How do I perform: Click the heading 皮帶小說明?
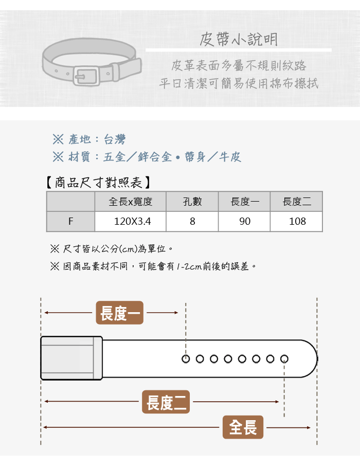point(239,39)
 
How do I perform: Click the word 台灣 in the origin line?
point(115,139)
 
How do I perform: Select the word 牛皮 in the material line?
point(230,157)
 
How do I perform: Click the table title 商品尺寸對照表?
point(98,183)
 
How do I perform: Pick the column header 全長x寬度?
point(131,202)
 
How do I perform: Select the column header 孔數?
point(192,202)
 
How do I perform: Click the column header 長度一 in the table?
point(244,202)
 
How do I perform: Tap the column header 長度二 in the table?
point(297,202)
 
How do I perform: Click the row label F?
point(71,221)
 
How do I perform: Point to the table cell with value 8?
point(192,221)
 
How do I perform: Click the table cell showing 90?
point(244,221)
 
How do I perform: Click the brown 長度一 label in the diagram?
point(120,313)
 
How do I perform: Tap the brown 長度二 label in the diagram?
point(166,402)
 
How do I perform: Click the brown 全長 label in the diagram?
point(243,427)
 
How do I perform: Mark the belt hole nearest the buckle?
point(186,359)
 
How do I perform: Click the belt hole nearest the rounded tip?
point(284,359)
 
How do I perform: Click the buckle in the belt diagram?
point(71,358)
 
